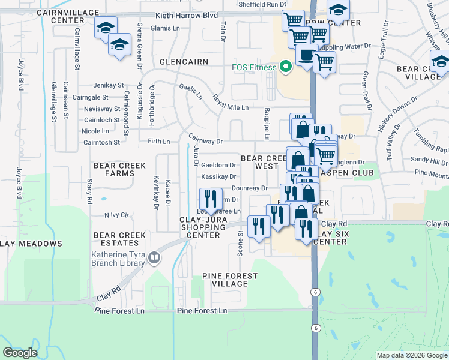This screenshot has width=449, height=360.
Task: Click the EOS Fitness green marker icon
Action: pos(285,67)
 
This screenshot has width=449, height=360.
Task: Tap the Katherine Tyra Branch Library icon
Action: pos(155,258)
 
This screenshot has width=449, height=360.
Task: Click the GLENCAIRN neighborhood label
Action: pos(184,62)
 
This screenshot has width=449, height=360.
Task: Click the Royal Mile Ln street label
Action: pos(231,107)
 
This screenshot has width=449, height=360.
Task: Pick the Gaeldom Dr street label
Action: pos(218,165)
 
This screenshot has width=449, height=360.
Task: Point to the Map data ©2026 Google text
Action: pos(411,355)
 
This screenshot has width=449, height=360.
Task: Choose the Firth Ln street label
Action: pos(159,142)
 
